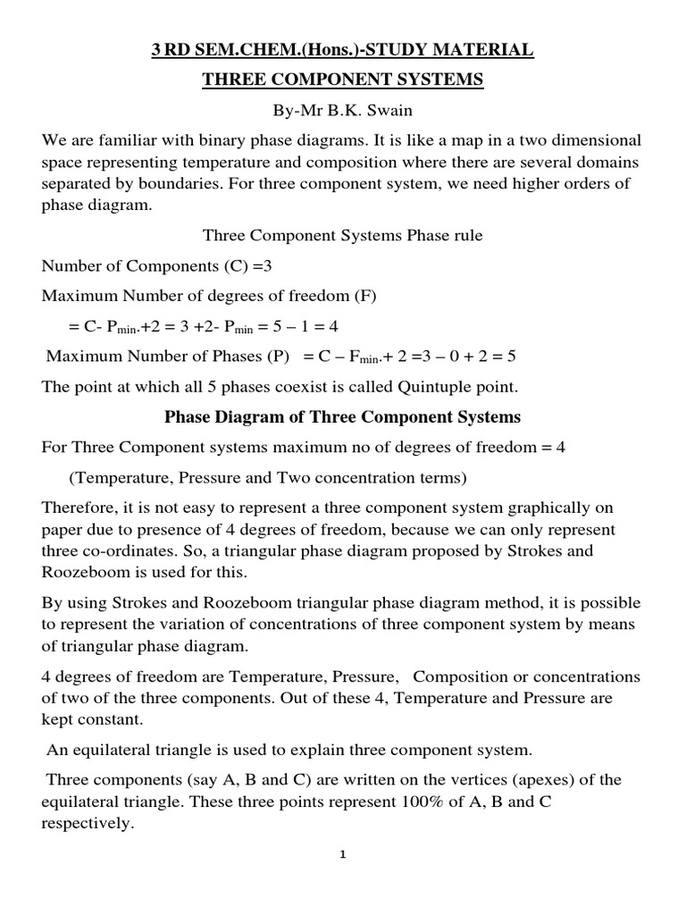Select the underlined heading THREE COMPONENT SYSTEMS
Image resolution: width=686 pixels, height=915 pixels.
click(x=343, y=80)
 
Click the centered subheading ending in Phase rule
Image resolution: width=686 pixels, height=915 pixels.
click(x=343, y=236)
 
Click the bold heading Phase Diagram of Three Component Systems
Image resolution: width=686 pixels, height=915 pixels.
click(x=343, y=417)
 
